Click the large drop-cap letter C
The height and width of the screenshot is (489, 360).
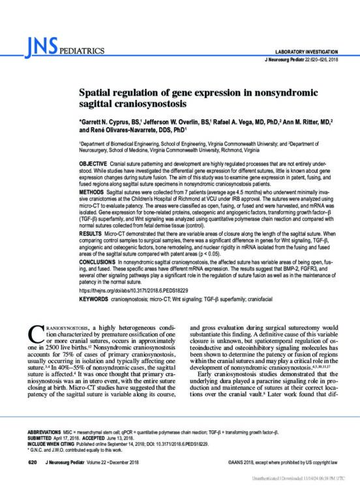click(38, 331)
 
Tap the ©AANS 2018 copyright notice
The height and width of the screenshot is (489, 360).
click(278, 463)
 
